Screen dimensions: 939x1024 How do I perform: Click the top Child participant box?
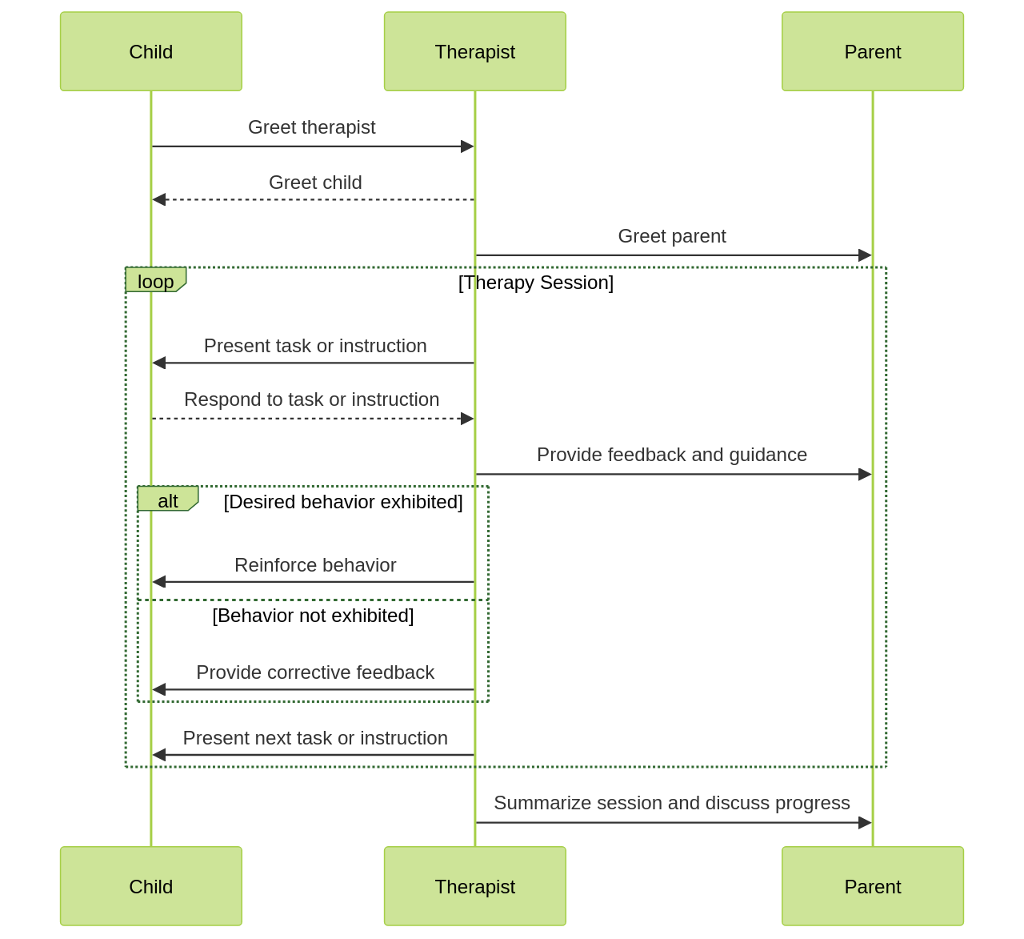coord(151,51)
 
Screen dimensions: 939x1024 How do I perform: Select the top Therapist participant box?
coord(474,51)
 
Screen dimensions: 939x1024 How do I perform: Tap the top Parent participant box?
coord(872,51)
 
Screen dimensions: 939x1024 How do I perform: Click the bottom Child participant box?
coord(151,886)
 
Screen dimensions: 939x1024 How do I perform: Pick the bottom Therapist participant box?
coord(474,886)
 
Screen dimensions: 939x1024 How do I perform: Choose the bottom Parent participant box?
coord(872,886)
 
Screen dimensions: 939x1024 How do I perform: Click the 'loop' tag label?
coord(155,281)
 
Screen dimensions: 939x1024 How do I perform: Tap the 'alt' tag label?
coord(167,500)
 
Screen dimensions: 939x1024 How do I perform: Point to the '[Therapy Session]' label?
coord(536,283)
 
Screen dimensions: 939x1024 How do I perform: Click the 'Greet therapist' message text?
coord(311,127)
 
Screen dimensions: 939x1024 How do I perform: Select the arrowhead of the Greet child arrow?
coord(158,199)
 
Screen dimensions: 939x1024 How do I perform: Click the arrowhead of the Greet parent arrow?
coord(865,255)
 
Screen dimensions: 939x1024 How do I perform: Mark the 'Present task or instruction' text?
coord(315,346)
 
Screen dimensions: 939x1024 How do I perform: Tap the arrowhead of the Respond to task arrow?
coord(467,419)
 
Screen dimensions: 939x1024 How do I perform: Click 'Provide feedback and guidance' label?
coord(672,455)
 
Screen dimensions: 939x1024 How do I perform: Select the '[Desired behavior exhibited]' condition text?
coord(343,502)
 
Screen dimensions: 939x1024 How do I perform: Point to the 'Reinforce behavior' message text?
coord(315,565)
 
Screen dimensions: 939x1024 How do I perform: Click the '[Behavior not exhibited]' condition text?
coord(313,616)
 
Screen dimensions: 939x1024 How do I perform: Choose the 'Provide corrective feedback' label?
coord(315,672)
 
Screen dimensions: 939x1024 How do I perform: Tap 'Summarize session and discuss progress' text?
coord(672,803)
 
